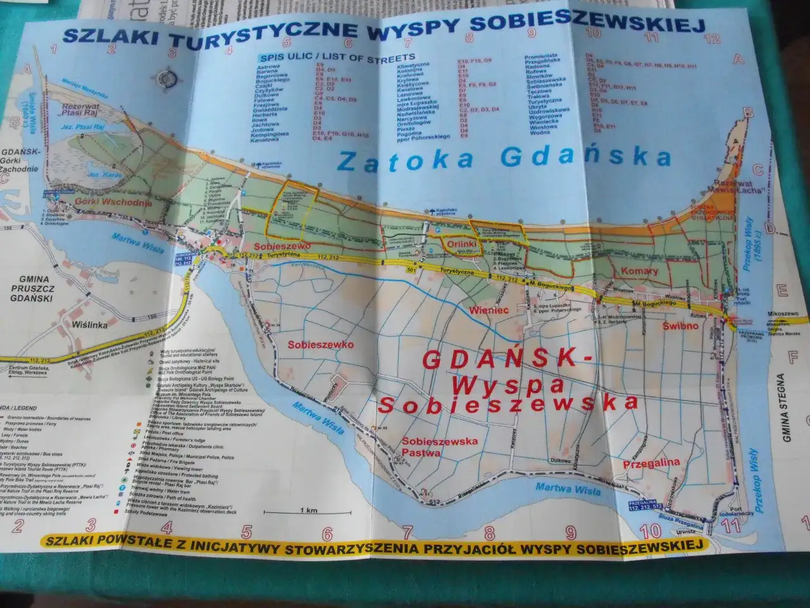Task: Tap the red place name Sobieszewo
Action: pyautogui.click(x=276, y=246)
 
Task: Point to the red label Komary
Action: pyautogui.click(x=644, y=271)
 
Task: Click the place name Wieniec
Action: pyautogui.click(x=487, y=311)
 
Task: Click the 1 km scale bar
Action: pyautogui.click(x=308, y=510)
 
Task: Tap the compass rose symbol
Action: pyautogui.click(x=167, y=79)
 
